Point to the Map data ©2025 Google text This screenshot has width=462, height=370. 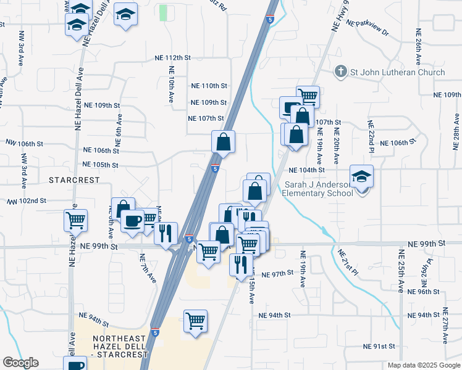423,365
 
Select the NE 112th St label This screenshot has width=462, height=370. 173,57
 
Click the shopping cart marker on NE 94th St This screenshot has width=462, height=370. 196,321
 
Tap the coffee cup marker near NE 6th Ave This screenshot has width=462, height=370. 132,221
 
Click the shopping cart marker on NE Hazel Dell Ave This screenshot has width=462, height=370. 75,220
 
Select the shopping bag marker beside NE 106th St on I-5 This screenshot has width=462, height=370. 223,141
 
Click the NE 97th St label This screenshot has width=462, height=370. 276,274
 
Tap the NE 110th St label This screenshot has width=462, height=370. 209,86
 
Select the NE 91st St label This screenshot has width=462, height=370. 379,346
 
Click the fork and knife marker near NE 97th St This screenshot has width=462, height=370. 240,264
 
